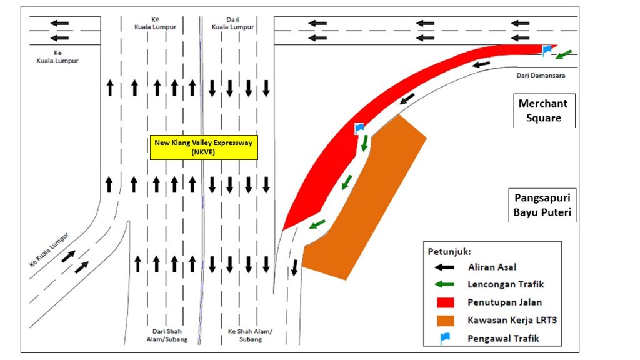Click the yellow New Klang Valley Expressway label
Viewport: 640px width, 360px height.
point(204,147)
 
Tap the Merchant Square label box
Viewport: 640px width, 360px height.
point(544,111)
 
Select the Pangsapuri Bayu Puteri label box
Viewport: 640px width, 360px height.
point(542,205)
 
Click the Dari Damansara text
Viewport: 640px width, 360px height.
point(541,75)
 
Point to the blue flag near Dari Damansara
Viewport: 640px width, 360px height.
point(547,50)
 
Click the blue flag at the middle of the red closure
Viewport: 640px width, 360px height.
point(359,129)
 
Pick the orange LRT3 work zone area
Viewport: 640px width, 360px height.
point(364,198)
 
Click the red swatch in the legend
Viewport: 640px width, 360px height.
point(445,302)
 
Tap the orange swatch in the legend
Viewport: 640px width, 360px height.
point(445,321)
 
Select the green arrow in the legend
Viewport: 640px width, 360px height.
point(444,284)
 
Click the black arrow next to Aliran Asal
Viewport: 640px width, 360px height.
point(444,267)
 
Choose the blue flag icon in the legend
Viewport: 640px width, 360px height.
point(445,338)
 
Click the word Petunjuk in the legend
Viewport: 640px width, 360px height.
point(449,252)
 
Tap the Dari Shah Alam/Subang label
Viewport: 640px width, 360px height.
point(167,335)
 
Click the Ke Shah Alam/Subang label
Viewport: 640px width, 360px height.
point(250,335)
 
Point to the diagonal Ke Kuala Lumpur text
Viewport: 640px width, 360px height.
point(49,249)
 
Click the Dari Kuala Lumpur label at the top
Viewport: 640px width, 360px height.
point(232,23)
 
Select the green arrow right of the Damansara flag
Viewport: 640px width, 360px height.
point(564,54)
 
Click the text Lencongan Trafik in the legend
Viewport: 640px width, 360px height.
point(506,284)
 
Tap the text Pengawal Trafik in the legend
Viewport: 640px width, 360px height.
point(503,338)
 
